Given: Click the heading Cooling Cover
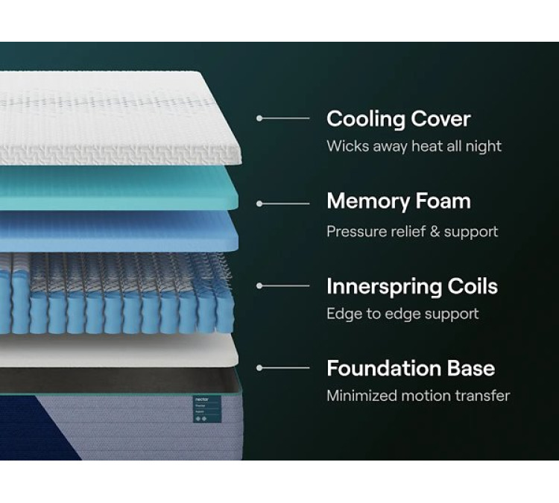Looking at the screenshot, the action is (x=398, y=119).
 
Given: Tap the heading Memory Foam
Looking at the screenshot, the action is (x=399, y=202).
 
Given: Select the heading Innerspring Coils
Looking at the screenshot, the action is (x=412, y=287).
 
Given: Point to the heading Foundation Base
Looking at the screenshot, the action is (x=411, y=368).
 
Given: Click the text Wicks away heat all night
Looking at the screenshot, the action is (x=414, y=146).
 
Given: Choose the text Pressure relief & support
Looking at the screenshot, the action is (x=412, y=232).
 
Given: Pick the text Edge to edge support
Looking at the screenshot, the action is (x=402, y=314).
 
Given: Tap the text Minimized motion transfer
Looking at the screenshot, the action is (x=418, y=396).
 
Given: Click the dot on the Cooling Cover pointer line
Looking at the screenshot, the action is (x=259, y=118).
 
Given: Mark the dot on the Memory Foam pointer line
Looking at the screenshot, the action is (x=259, y=204).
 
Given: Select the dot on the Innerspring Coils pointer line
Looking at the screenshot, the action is (x=259, y=286).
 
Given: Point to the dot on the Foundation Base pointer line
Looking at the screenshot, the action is (x=259, y=368).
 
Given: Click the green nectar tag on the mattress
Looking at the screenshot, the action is (x=207, y=409).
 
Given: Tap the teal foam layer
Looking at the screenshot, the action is (x=118, y=187).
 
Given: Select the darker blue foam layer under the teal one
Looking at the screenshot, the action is (x=118, y=230).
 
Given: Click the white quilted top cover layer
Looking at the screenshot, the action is (x=118, y=118).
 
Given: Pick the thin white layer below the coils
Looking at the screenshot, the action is (x=118, y=351).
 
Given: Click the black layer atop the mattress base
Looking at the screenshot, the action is (x=118, y=381).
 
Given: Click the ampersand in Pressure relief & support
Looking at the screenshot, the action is (x=435, y=231).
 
